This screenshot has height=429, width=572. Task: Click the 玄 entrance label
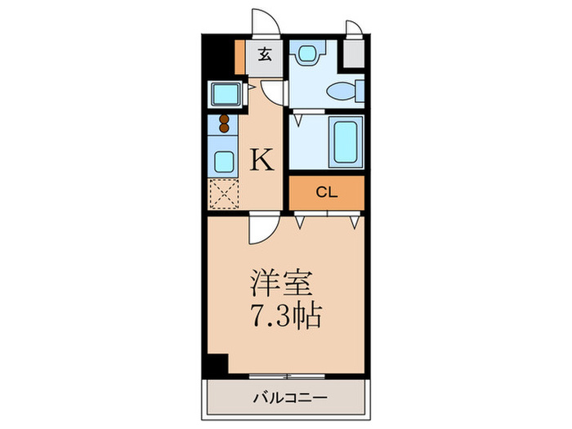click(266, 56)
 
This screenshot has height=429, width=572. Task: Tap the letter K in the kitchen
click(261, 159)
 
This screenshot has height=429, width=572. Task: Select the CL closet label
click(326, 193)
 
